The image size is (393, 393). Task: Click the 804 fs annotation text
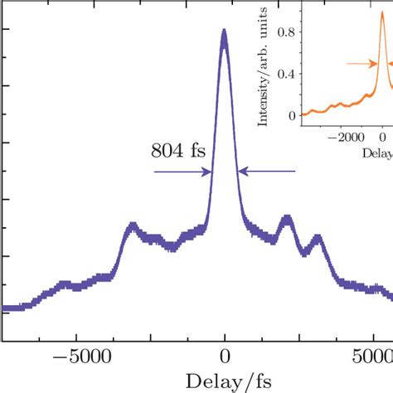click(178, 151)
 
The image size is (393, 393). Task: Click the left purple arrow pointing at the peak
click(183, 172)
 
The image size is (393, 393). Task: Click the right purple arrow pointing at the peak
click(266, 172)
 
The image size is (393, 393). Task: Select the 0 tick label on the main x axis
click(224, 358)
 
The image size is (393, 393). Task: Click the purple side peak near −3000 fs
click(133, 226)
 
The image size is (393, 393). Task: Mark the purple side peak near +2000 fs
click(287, 220)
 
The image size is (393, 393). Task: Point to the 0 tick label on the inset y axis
click(291, 115)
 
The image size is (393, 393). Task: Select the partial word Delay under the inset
click(377, 153)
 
